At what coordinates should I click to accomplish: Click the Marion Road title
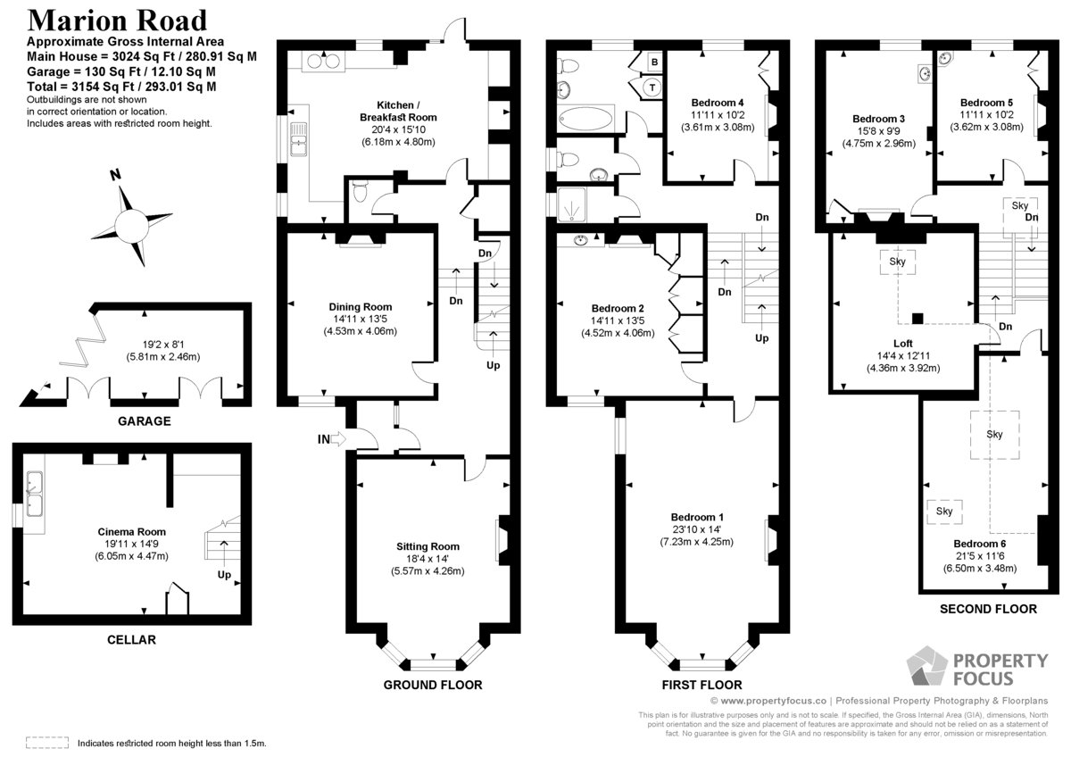tap(117, 20)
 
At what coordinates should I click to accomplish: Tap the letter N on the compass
tap(115, 175)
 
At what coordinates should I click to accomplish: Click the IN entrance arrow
tap(338, 438)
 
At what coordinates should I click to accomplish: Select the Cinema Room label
tap(131, 531)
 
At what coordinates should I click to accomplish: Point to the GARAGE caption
tap(144, 420)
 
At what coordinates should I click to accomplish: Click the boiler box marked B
tap(654, 62)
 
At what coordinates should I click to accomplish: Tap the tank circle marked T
tap(652, 87)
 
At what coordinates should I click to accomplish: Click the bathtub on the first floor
tap(585, 118)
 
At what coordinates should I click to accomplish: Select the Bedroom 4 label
tap(718, 103)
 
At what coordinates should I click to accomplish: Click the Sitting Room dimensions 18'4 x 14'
tap(428, 559)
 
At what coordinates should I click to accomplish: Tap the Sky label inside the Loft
tap(898, 262)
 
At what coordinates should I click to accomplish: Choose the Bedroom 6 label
tap(980, 544)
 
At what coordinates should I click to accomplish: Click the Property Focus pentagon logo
tap(926, 666)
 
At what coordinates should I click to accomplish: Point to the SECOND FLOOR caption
tap(988, 609)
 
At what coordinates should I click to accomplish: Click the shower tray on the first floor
tap(571, 204)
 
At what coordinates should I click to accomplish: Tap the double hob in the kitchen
tap(323, 62)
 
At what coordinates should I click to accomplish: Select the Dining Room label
tap(360, 306)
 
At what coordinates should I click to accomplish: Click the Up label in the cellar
tap(224, 575)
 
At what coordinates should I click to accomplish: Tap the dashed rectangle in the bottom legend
tap(47, 742)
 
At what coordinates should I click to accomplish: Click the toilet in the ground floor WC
tap(360, 191)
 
